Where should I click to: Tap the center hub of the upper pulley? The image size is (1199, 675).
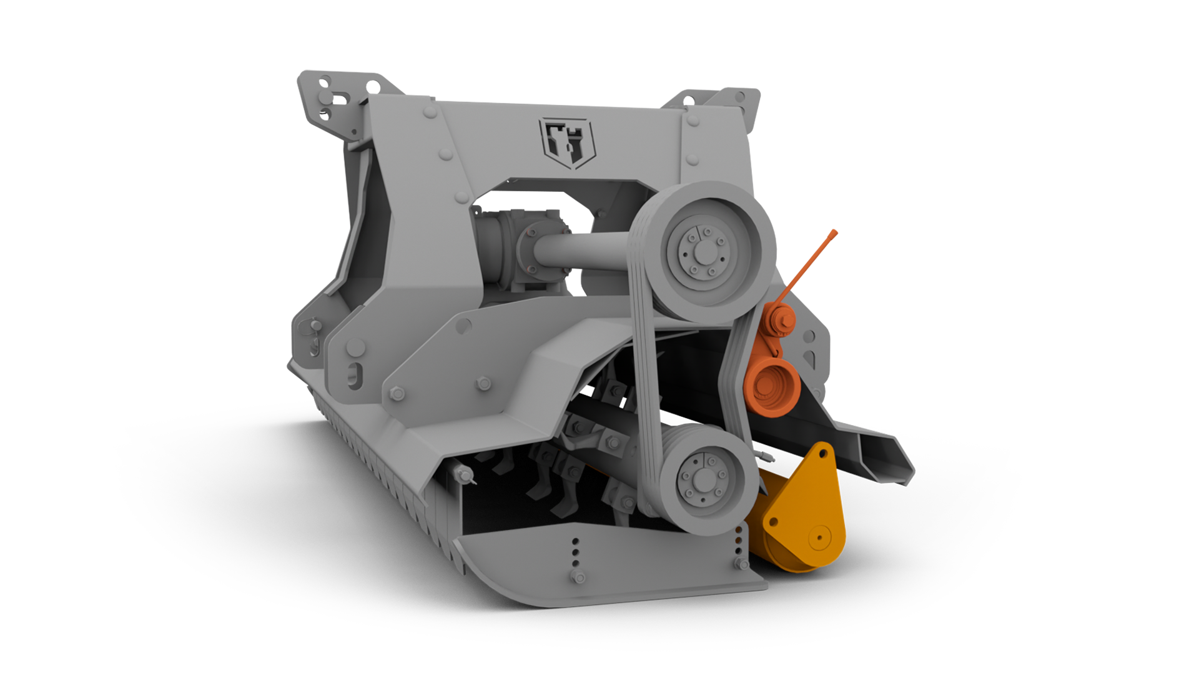point(704,252)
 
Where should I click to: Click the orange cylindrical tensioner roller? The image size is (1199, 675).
point(772,387)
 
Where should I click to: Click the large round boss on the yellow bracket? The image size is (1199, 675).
point(819,537)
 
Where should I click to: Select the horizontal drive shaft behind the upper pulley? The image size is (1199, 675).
point(581,250)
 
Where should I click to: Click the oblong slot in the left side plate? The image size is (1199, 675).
point(355,375)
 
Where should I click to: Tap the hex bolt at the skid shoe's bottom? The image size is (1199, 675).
point(578,576)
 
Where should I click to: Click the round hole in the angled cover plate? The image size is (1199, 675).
point(463,326)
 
